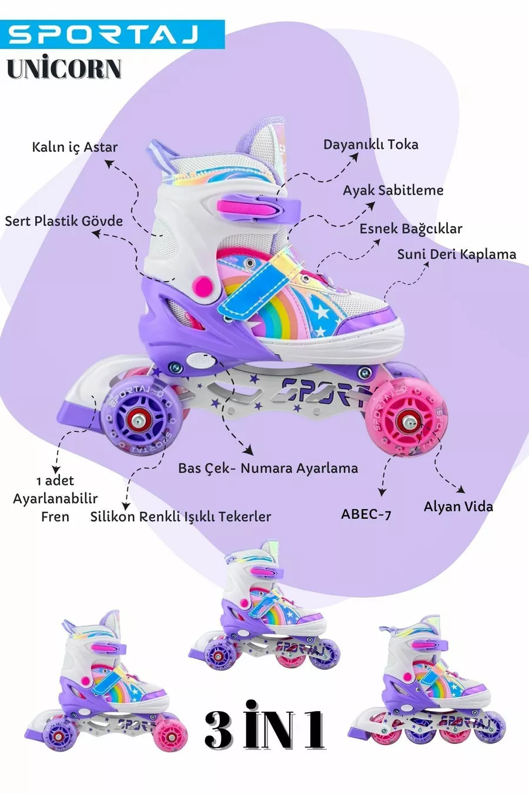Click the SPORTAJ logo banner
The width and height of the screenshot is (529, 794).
pos(112,34)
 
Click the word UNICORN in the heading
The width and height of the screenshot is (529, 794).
pos(64,69)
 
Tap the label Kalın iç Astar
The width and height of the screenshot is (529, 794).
pos(75,146)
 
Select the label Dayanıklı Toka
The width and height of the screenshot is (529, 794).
pos(370,144)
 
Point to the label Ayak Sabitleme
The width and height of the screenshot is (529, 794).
pos(393,190)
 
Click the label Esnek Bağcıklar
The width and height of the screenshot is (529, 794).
pos(410,228)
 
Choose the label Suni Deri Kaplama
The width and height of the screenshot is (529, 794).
pos(456,254)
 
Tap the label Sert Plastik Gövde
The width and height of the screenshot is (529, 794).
pos(63,221)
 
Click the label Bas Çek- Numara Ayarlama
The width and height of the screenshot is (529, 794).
pos(268,468)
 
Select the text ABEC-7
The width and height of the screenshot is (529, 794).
pos(366,513)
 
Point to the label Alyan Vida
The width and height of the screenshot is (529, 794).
pos(458,506)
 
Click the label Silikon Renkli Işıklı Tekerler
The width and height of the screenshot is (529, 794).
pos(180,516)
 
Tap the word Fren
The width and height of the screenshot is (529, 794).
pos(55,516)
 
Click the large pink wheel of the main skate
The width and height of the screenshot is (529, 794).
pos(406,419)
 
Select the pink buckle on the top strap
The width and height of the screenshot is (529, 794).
pos(247,207)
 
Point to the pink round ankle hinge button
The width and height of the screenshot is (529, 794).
pos(203,286)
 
